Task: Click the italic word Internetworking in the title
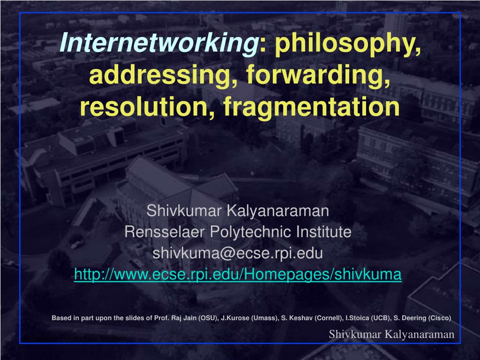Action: pos(159,44)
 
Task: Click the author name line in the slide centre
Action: pos(238,211)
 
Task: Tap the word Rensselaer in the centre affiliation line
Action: pos(165,232)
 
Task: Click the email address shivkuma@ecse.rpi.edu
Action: pos(238,253)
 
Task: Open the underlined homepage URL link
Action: pos(238,275)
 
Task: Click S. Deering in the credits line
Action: pos(410,318)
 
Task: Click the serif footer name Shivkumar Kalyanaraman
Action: pos(391,334)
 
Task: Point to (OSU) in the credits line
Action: pos(208,318)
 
